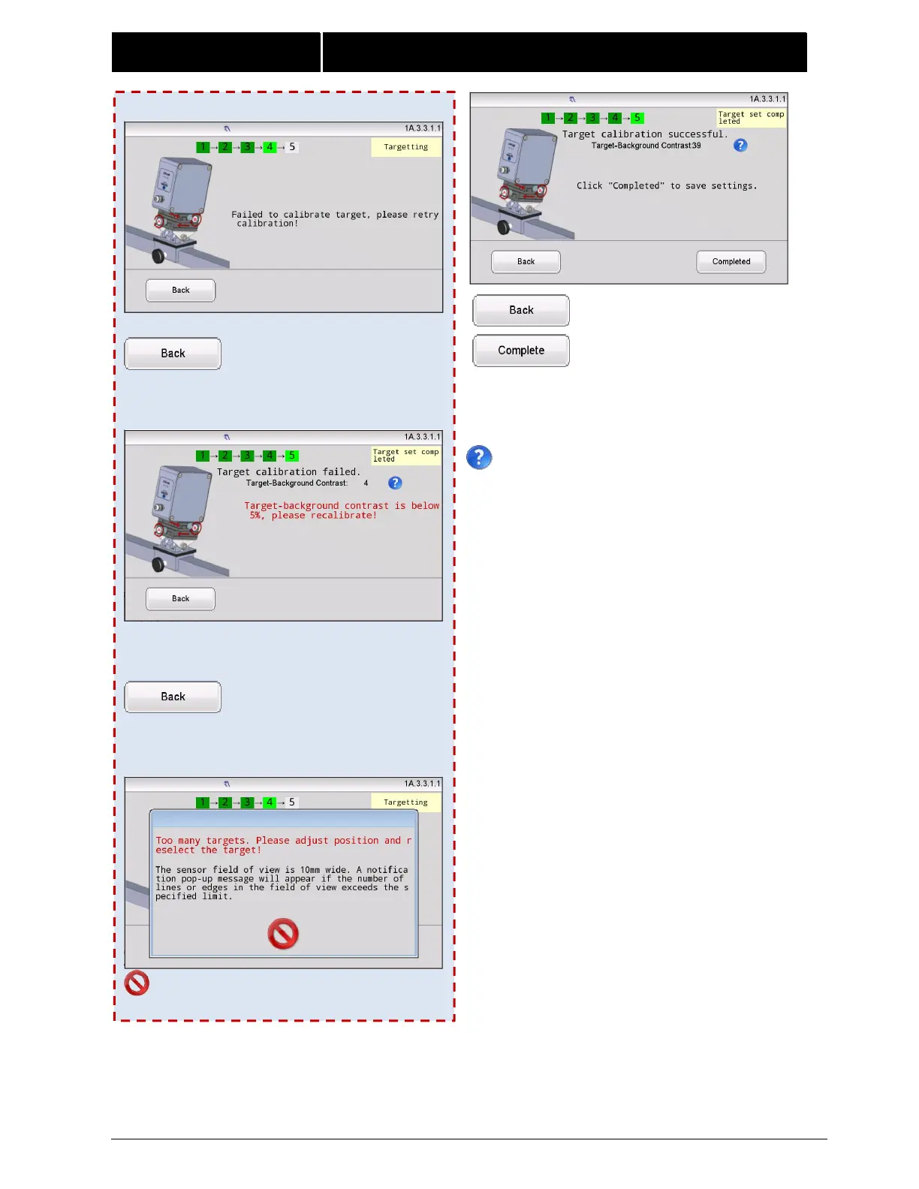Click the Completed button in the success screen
tap(731, 262)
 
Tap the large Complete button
tap(521, 351)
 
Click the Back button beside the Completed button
tap(526, 262)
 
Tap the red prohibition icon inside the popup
tap(283, 934)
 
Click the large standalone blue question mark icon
tap(479, 457)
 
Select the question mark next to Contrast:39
tap(740, 146)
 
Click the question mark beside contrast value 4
tap(395, 483)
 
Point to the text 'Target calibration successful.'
tap(645, 134)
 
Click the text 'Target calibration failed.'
tap(288, 472)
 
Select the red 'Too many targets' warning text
tap(283, 845)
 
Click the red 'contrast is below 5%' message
tap(341, 510)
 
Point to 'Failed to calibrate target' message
tap(334, 218)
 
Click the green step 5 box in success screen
tap(637, 118)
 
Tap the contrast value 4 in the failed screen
tap(366, 483)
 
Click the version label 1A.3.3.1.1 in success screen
tap(767, 99)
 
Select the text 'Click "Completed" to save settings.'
tap(667, 186)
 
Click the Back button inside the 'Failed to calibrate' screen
tap(180, 290)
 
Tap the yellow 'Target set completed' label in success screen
tap(751, 118)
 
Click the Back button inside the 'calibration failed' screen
tap(180, 599)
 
